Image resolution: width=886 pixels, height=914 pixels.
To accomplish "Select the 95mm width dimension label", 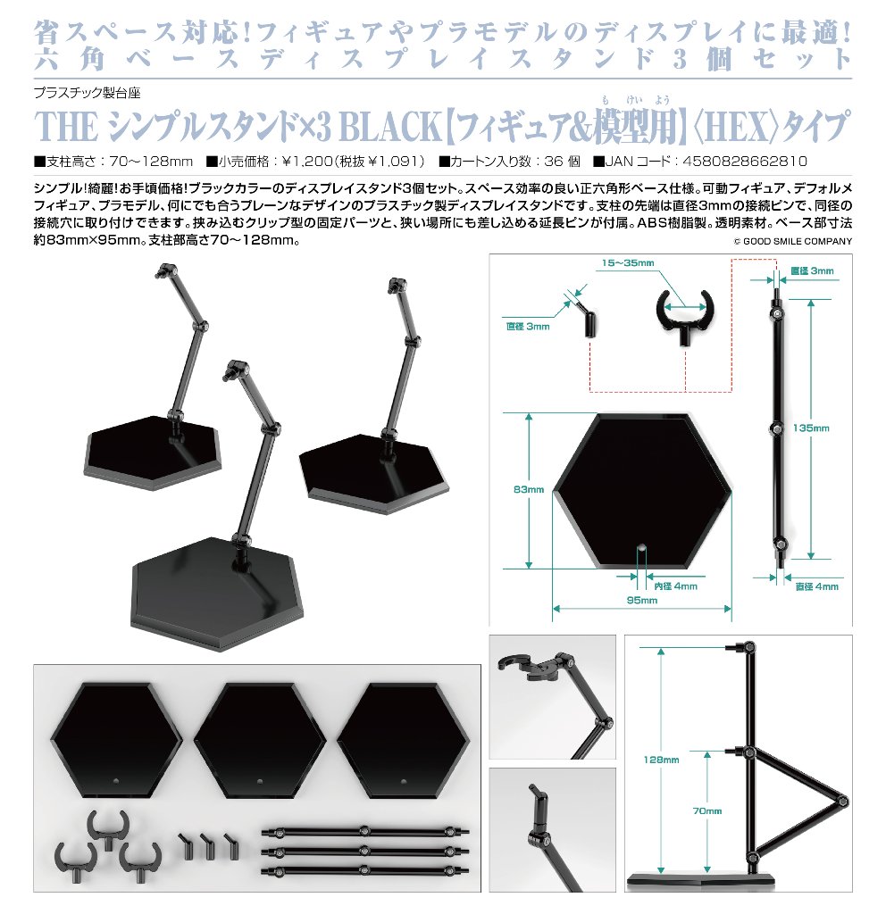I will (643, 601).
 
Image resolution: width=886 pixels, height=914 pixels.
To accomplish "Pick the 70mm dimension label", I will (706, 810).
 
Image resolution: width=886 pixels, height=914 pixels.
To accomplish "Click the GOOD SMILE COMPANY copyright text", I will (793, 241).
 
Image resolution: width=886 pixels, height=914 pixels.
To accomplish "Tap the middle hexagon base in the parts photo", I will (259, 733).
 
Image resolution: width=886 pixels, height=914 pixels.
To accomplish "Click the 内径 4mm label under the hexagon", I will (676, 586).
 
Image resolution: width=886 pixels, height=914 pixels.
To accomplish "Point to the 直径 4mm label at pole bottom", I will (816, 586).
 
